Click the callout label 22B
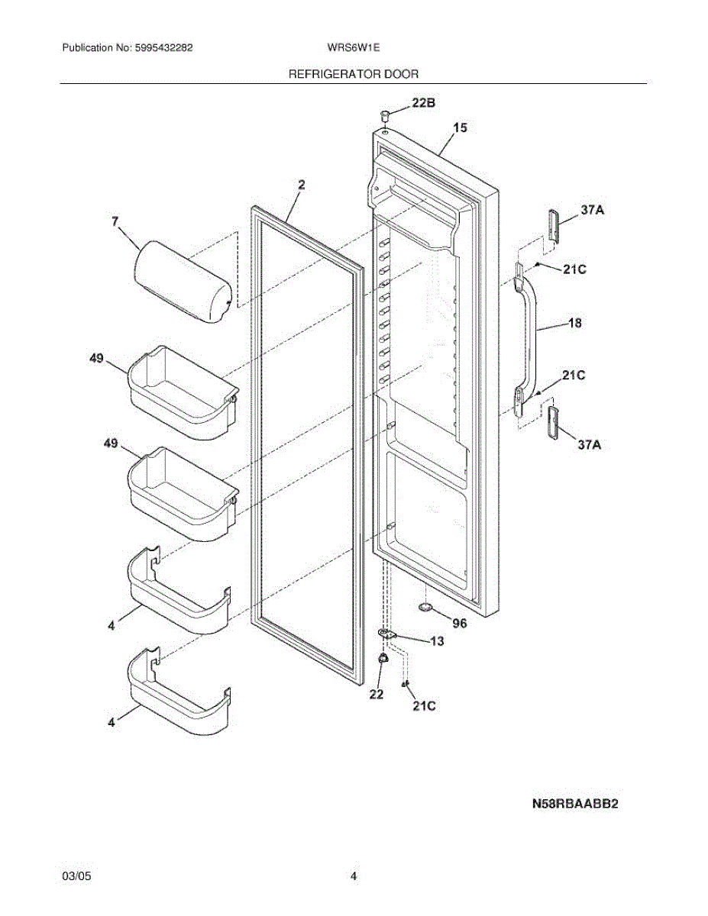point(425,102)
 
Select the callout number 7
point(115,221)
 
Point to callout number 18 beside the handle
point(574,323)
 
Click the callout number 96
point(459,623)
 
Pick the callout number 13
point(436,641)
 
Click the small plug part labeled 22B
point(386,115)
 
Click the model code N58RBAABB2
point(574,804)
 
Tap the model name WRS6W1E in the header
point(353,47)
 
